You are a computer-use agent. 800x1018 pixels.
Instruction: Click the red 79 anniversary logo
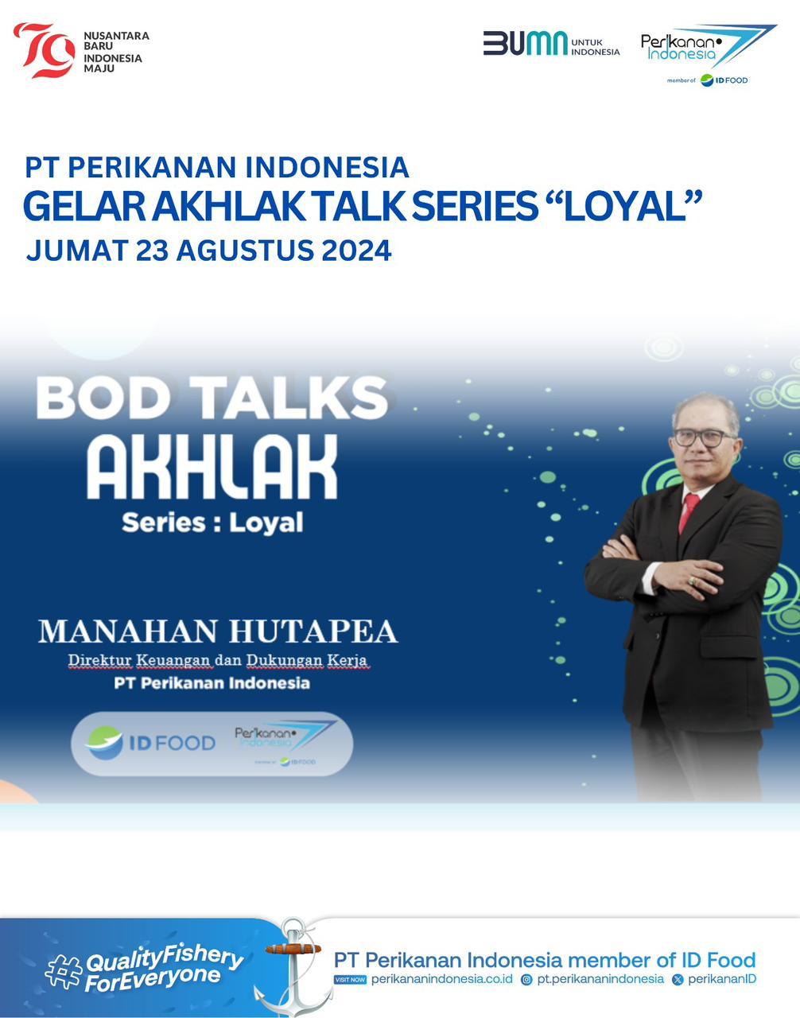[44, 49]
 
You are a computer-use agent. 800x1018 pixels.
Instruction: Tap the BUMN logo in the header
[525, 44]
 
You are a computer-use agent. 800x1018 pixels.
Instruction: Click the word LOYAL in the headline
[624, 206]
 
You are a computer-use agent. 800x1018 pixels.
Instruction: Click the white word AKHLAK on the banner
[212, 466]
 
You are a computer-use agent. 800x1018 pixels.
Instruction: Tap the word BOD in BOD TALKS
[103, 398]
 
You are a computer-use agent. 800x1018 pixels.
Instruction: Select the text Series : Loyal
[212, 523]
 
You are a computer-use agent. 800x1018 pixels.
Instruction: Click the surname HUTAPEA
[313, 631]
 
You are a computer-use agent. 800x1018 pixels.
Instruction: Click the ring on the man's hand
[691, 581]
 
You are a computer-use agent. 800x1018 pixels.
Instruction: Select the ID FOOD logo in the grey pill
[150, 743]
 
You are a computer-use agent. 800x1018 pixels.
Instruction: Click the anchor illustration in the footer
[293, 966]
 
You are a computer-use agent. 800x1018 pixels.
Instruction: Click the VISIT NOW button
[350, 980]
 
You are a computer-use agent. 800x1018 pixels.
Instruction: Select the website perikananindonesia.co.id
[441, 979]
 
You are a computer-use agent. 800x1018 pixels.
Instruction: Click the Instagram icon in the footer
[526, 980]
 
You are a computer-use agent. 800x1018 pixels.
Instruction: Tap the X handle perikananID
[722, 979]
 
